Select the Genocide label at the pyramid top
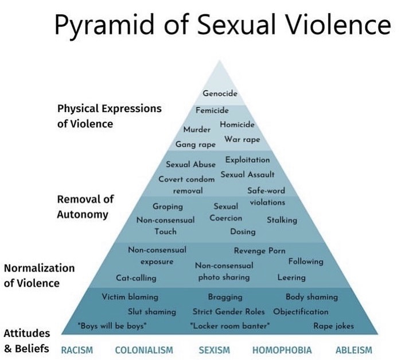click(x=220, y=94)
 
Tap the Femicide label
click(x=212, y=110)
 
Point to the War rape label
click(x=242, y=140)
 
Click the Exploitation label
click(x=247, y=160)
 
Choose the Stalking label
click(x=282, y=220)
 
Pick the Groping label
click(x=168, y=206)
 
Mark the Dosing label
click(x=243, y=232)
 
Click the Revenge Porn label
click(x=259, y=251)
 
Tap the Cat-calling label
click(x=136, y=278)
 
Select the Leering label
click(x=291, y=277)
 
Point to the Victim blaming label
click(x=130, y=297)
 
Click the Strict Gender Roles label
click(x=229, y=312)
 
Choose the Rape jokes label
click(x=333, y=326)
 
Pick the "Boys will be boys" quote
click(x=112, y=326)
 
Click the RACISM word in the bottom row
click(x=77, y=350)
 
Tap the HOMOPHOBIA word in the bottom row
click(x=282, y=350)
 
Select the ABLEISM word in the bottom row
click(x=353, y=350)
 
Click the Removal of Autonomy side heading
click(x=85, y=207)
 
